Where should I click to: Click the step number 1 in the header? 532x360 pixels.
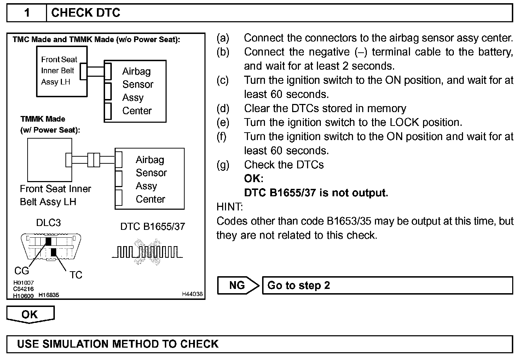pos(27,13)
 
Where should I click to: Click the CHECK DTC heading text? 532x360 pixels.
pos(86,13)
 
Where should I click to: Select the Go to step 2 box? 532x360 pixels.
pos(387,285)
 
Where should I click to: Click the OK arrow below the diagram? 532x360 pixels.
pos(30,314)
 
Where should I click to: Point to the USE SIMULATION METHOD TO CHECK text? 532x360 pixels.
pos(118,344)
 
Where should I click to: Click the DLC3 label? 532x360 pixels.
pos(48,223)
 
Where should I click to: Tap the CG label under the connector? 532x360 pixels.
pos(21,271)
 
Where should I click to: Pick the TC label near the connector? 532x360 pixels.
pos(76,275)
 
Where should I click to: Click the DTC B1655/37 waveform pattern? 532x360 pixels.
pos(147,252)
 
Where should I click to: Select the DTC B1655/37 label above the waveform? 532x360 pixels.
pos(152,226)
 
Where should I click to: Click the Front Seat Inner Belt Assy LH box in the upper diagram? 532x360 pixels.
pos(62,71)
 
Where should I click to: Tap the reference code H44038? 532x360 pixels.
pos(192,294)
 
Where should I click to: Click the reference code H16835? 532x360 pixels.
pos(49,295)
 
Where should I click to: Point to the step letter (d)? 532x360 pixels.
pos(223,108)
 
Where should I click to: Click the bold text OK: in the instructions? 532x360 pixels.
pos(254,179)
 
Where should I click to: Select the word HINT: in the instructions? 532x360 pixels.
pos(230,207)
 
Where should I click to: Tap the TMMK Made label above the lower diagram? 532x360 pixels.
pos(43,119)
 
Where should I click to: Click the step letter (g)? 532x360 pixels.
pos(223,165)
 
